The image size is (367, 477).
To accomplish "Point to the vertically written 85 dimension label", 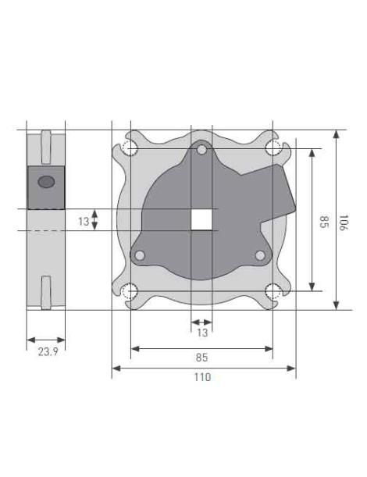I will point(322,222).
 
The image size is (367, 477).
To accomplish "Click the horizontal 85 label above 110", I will point(201,358).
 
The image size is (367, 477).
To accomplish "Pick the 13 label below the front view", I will point(201,333).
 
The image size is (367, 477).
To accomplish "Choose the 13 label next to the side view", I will point(84,221).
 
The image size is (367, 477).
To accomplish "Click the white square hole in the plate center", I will point(201,219).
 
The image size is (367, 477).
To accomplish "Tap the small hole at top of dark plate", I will point(201,148).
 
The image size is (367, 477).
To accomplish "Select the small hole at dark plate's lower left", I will point(140,255).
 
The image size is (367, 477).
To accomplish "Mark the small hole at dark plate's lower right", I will point(261,255).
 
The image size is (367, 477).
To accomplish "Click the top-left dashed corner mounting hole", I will point(130,148).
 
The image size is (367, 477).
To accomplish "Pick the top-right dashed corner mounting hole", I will point(273,148).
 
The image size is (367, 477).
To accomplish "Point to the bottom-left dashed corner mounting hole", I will point(130,291).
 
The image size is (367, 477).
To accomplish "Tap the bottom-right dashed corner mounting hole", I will point(273,291).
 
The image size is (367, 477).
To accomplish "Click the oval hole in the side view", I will point(46,181).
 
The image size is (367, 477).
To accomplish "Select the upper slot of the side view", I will point(46,144).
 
